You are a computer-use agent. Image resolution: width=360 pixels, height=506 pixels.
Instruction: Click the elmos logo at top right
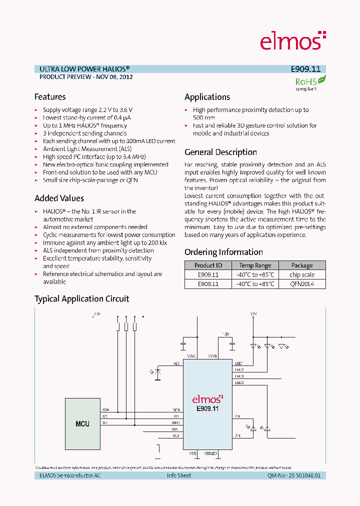pyautogui.click(x=292, y=40)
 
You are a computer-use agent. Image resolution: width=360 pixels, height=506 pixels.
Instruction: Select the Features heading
pyautogui.click(x=50, y=97)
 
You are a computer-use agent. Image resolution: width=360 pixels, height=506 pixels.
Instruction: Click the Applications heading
pyautogui.click(x=207, y=97)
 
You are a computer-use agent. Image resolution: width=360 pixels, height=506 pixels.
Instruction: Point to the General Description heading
pyautogui.click(x=220, y=152)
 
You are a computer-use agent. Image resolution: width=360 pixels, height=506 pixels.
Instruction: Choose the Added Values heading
pyautogui.click(x=59, y=198)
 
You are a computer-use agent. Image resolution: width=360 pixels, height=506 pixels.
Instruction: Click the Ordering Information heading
pyautogui.click(x=223, y=252)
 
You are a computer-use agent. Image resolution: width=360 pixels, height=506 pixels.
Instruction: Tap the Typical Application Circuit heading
pyautogui.click(x=81, y=299)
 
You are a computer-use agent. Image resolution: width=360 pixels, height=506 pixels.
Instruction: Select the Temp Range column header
pyautogui.click(x=255, y=265)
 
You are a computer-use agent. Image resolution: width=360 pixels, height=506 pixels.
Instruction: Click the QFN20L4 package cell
pyautogui.click(x=301, y=284)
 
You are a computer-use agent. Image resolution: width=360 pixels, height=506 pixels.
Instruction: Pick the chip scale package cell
pyautogui.click(x=301, y=274)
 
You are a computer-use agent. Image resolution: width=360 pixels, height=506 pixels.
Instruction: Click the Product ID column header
pyautogui.click(x=208, y=265)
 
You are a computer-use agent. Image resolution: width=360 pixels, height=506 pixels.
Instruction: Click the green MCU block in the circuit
pyautogui.click(x=82, y=423)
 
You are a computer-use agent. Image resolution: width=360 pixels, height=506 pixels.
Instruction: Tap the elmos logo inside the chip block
pyautogui.click(x=207, y=399)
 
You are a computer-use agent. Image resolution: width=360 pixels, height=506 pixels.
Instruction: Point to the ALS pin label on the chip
pyautogui.click(x=176, y=363)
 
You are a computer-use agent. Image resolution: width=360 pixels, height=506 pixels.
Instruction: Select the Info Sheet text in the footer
pyautogui.click(x=179, y=475)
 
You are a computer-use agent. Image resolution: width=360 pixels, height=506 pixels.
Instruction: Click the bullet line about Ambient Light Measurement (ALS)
pyautogui.click(x=87, y=149)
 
